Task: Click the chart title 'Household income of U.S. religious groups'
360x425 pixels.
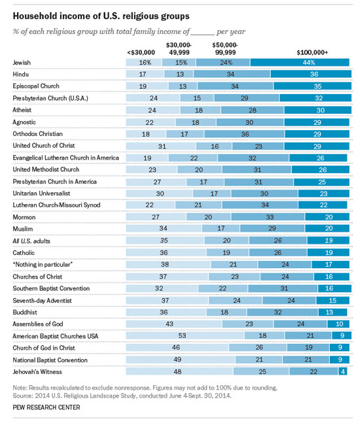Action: pos(101,16)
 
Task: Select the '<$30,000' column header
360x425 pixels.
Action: pos(141,52)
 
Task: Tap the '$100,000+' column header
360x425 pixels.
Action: pos(312,52)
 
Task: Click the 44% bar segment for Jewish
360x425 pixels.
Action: pos(300,63)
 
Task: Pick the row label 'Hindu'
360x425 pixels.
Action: pos(20,75)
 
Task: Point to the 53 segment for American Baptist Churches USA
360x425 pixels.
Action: pos(185,335)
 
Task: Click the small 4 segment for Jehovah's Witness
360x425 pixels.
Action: pos(342,371)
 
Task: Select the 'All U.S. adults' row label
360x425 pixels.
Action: pos(31,241)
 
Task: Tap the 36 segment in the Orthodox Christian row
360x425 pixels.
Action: pos(244,134)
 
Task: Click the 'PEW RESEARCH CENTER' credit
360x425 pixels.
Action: pos(46,407)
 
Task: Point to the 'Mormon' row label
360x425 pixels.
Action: pos(24,217)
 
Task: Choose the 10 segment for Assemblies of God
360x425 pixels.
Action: pos(338,324)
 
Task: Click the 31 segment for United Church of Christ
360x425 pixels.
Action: pos(161,146)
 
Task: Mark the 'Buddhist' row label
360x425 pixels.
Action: pos(25,313)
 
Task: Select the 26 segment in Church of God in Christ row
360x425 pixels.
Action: pos(258,347)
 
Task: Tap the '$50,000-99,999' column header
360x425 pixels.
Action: pos(225,49)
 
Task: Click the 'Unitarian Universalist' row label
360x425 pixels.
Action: pos(41,194)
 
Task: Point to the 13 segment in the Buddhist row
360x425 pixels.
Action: pos(333,312)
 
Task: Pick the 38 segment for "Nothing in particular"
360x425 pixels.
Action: pos(168,264)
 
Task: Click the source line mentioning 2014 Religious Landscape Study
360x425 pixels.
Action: pos(122,396)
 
